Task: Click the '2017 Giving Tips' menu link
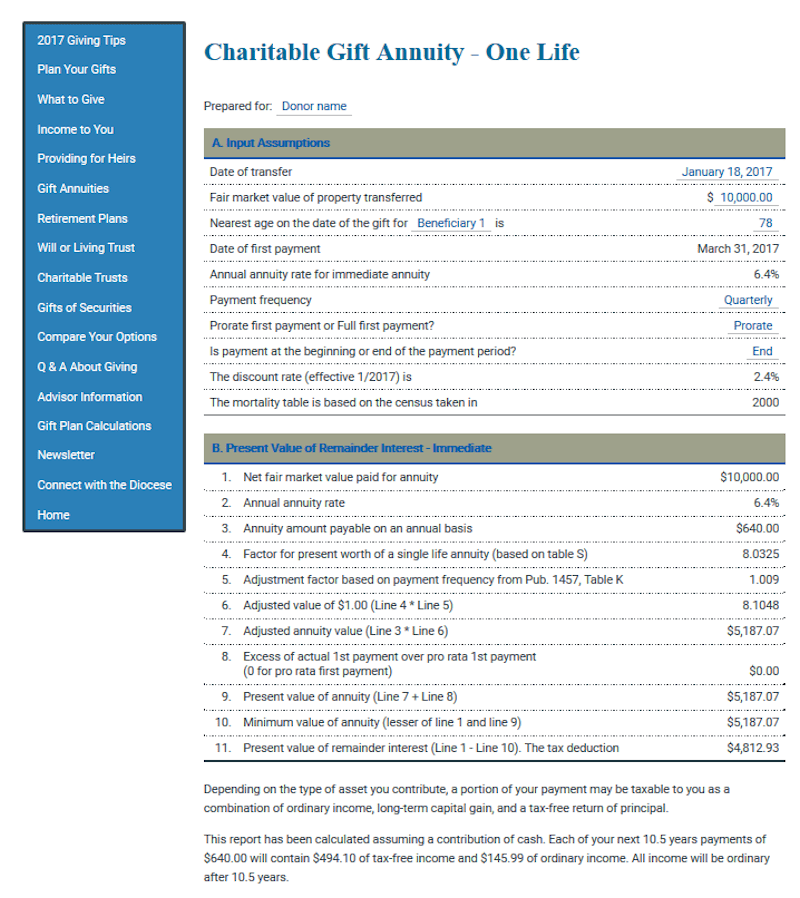(x=81, y=41)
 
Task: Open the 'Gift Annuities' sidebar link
(x=73, y=189)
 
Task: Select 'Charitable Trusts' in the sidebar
(x=82, y=278)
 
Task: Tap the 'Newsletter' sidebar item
(x=66, y=456)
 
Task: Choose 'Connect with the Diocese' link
(x=104, y=485)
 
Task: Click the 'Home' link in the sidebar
(x=53, y=515)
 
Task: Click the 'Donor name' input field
(x=314, y=106)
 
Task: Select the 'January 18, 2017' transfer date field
(x=727, y=172)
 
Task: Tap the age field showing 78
(x=765, y=223)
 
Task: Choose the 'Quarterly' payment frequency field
(x=748, y=300)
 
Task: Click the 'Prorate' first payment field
(x=752, y=326)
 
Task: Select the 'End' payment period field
(x=762, y=352)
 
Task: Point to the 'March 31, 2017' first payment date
(x=737, y=249)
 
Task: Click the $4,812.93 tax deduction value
(x=755, y=748)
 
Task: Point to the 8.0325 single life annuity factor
(x=760, y=552)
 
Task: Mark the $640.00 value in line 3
(x=757, y=528)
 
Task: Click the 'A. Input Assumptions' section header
(x=271, y=143)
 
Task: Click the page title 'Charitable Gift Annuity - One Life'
(x=391, y=52)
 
